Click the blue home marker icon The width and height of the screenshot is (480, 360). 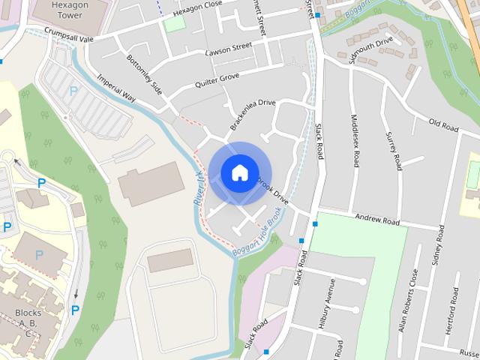coord(239,173)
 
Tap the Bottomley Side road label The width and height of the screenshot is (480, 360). coord(144,73)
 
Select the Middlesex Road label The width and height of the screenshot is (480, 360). coord(355,138)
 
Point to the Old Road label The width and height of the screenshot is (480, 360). coord(442,125)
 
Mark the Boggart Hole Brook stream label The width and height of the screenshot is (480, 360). coord(256,236)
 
